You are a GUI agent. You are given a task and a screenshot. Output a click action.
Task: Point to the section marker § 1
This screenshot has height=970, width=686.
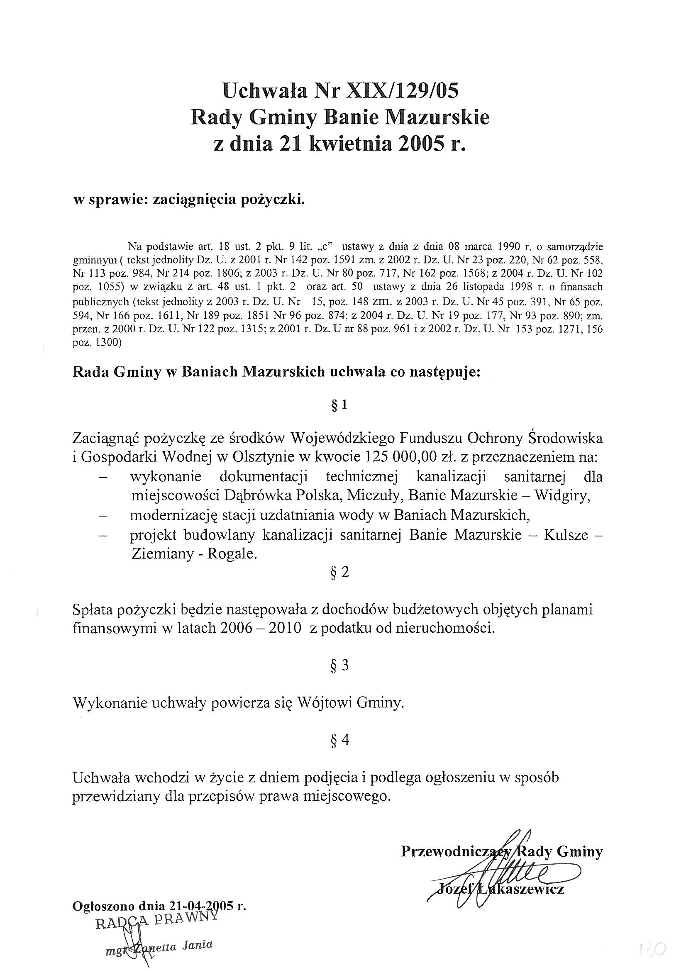pyautogui.click(x=339, y=405)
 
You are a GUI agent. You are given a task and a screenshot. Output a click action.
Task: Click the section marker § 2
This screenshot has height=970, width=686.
pyautogui.click(x=339, y=573)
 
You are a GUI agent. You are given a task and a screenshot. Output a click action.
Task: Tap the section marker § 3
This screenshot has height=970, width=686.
pyautogui.click(x=339, y=666)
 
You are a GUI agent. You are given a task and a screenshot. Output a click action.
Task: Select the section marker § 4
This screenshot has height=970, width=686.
pyautogui.click(x=339, y=740)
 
